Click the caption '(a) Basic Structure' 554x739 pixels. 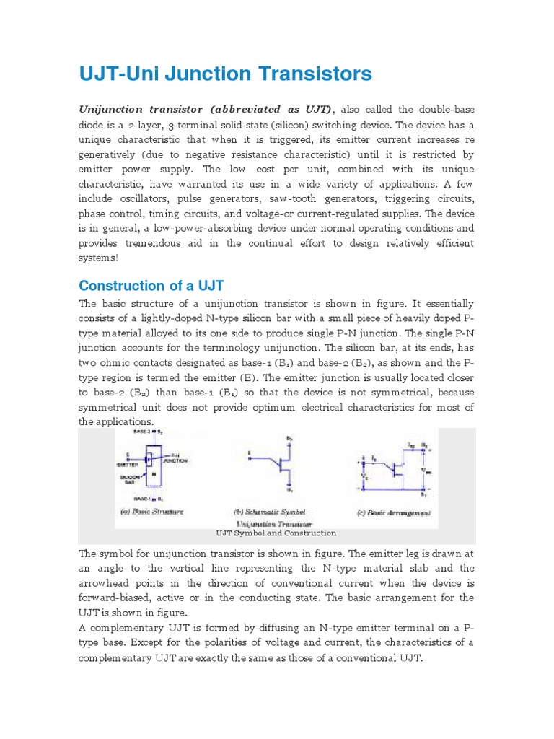152,511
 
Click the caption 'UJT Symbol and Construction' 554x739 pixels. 276,533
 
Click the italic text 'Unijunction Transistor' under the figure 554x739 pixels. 275,523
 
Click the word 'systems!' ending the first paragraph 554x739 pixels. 97,258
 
